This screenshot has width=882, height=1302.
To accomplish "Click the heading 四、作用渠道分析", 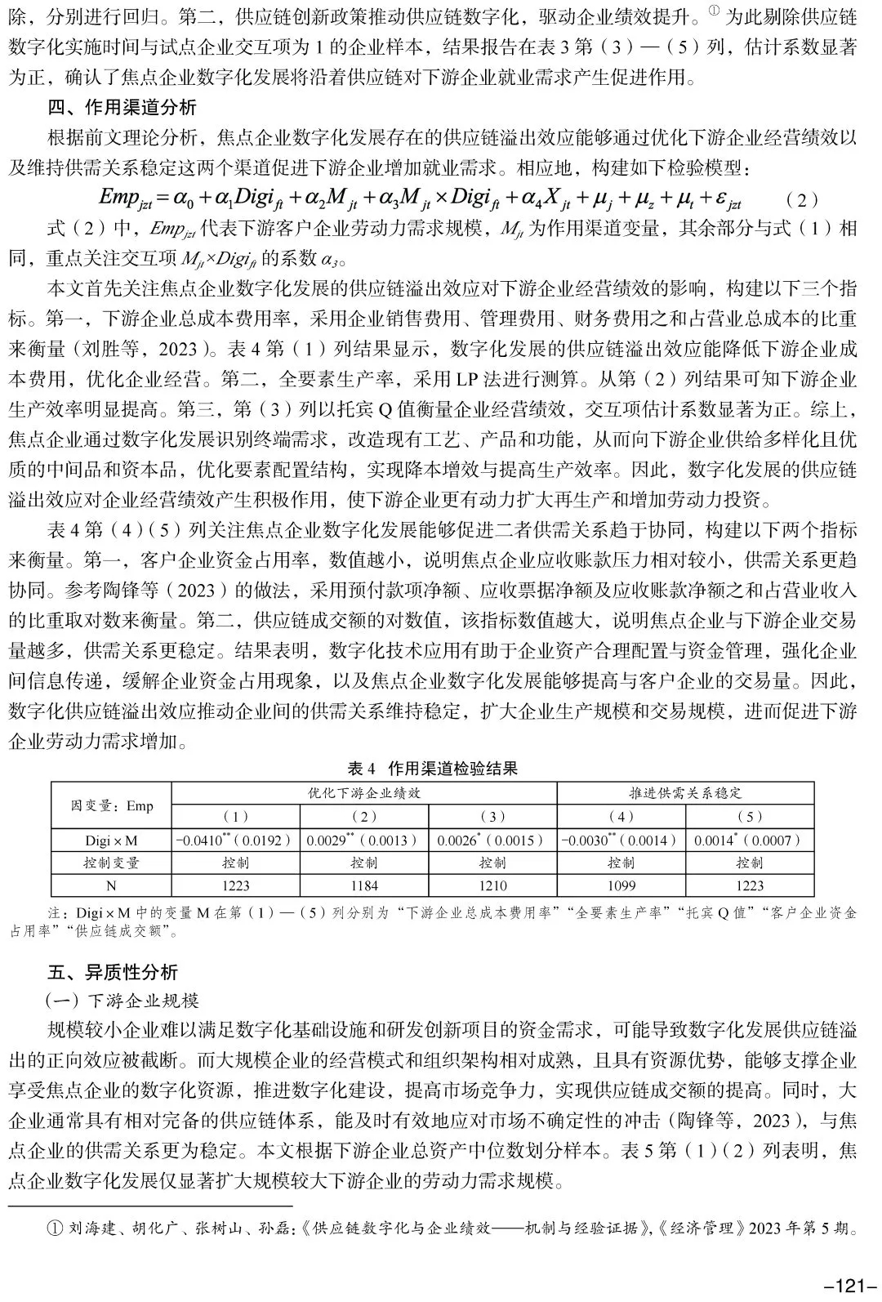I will click(122, 108).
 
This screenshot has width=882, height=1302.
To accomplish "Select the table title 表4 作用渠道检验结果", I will click(432, 768).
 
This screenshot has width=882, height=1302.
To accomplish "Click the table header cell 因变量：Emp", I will click(112, 805).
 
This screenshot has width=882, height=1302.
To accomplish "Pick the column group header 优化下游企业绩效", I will click(363, 793).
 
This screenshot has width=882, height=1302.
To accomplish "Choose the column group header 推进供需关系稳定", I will click(685, 793).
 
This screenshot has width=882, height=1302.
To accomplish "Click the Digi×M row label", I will click(112, 840).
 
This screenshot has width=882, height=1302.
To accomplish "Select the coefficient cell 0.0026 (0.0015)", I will click(492, 840).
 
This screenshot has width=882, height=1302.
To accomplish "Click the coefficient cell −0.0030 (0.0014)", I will click(621, 840).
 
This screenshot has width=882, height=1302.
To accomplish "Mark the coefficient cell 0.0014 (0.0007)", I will click(750, 840).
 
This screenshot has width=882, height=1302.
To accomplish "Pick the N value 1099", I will click(621, 885).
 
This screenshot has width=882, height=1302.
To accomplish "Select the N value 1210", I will click(492, 885).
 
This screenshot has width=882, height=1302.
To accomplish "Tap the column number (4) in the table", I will click(621, 816).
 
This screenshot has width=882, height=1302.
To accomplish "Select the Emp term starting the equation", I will click(123, 198).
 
